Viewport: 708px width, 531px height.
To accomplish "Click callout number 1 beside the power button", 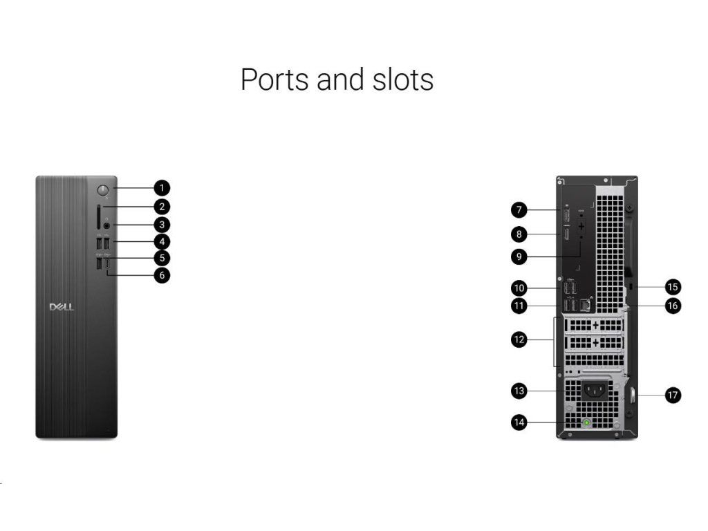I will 161,187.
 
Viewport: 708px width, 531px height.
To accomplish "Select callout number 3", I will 161,224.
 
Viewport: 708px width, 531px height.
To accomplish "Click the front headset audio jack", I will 106,224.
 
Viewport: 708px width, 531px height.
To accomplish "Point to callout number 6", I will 161,276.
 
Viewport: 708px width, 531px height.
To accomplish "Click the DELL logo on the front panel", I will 62,307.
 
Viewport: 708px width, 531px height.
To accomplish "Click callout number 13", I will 520,391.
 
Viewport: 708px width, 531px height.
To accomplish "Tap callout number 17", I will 672,395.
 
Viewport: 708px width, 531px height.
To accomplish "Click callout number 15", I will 672,286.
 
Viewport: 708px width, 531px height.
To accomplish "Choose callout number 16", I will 672,305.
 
